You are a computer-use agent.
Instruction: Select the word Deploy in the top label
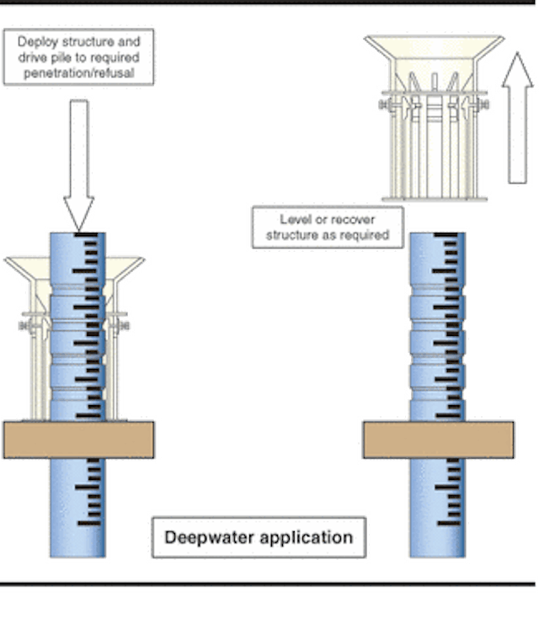tap(38, 41)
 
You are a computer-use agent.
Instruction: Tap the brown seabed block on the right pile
tap(438, 440)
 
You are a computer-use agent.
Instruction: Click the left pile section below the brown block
tap(78, 505)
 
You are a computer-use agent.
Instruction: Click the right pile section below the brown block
tap(438, 505)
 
